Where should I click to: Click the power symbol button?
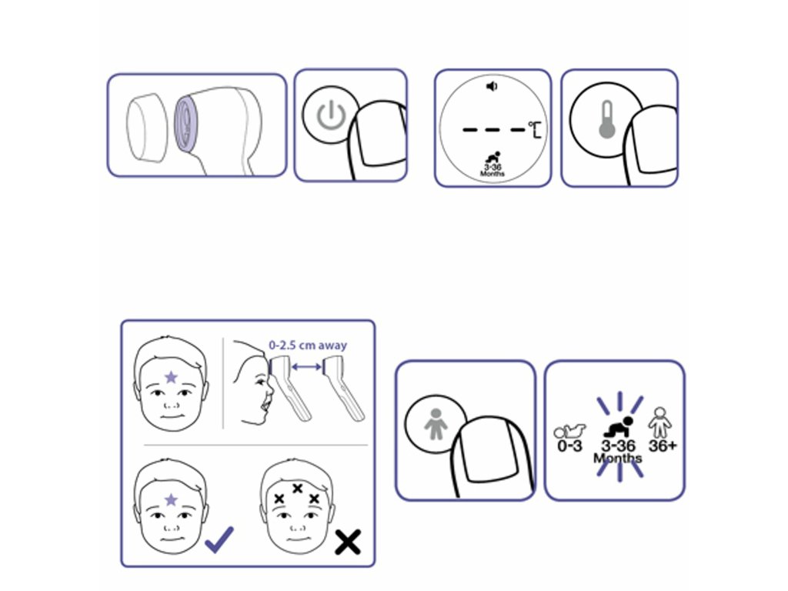click(x=331, y=115)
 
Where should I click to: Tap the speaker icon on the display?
click(x=492, y=86)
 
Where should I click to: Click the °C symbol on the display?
click(x=535, y=129)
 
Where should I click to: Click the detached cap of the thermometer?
click(x=147, y=128)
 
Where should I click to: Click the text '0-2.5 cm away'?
click(x=308, y=346)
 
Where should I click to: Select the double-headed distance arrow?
click(x=306, y=367)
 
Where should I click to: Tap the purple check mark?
click(x=219, y=539)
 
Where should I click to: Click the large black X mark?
click(x=348, y=542)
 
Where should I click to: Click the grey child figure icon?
click(x=436, y=424)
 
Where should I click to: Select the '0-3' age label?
click(x=569, y=446)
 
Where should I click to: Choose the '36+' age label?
click(x=663, y=446)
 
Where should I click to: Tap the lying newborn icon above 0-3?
click(x=569, y=431)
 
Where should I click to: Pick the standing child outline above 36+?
click(x=659, y=422)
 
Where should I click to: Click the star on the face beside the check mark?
click(x=171, y=499)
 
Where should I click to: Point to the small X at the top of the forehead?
click(x=297, y=487)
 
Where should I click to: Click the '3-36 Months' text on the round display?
click(x=492, y=170)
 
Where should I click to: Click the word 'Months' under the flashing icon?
click(x=618, y=458)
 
